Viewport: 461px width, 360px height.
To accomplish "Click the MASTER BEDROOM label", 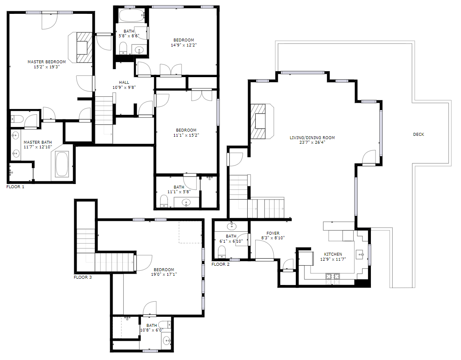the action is pos(47,62).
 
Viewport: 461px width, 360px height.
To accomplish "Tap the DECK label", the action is pos(419,135).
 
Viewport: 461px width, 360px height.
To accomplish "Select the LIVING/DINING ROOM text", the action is pos(312,137).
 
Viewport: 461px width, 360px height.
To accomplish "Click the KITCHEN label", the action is pos(333,254).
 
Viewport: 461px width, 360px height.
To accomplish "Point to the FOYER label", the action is pos(273,233).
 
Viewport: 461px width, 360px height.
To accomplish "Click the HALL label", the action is pos(124,83).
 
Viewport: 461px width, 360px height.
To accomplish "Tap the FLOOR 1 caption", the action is pos(15,187).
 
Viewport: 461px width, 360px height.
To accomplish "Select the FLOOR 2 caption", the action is pos(220,264).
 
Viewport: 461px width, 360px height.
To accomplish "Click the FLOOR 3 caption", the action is pos(83,277).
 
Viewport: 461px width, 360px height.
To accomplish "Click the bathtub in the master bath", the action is pos(62,164).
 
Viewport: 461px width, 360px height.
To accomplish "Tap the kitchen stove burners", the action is pos(332,277).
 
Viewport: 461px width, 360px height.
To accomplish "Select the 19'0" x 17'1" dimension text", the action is pos(164,275).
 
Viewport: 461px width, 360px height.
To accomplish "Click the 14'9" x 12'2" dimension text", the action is pos(184,45).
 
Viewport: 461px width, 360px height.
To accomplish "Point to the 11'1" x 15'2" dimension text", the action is pos(186,135).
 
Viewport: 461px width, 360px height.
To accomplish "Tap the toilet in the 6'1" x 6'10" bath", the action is pos(222,252).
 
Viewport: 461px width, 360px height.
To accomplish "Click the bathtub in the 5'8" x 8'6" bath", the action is pos(132,15).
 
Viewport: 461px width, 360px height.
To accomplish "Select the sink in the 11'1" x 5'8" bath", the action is pos(186,202).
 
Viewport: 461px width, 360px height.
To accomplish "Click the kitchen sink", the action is pos(360,254).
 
